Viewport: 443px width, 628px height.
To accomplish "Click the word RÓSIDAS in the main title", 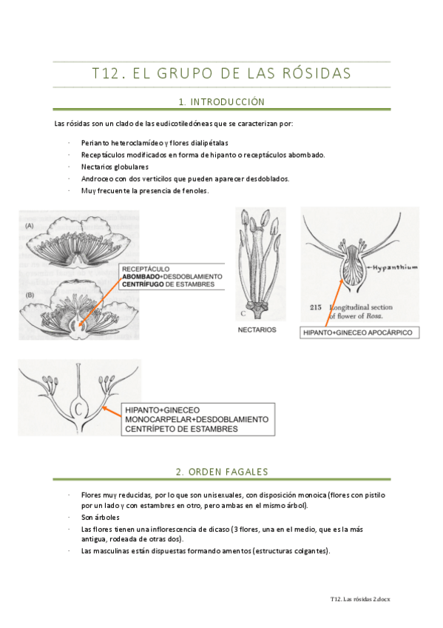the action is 317,73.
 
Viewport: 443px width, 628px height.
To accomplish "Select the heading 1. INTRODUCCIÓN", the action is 222,102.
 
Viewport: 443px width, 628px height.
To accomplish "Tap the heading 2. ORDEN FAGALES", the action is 222,472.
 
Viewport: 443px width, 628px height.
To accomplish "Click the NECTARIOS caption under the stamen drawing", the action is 257,330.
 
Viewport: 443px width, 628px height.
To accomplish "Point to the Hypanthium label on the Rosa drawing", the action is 395,267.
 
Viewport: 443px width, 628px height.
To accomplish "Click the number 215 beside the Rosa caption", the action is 316,307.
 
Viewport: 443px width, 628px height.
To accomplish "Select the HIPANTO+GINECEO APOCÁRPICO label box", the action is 359,333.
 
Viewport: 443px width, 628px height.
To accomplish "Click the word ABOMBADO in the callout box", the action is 141,277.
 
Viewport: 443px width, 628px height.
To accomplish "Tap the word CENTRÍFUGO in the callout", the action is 143,284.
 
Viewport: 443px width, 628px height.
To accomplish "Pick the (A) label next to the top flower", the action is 30,226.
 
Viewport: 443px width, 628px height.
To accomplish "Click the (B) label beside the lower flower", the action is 30,295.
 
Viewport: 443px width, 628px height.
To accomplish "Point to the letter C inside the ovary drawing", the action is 79,410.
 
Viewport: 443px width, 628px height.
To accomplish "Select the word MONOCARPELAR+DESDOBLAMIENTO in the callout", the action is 197,419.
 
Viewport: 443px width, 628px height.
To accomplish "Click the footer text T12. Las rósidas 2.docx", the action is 360,599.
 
